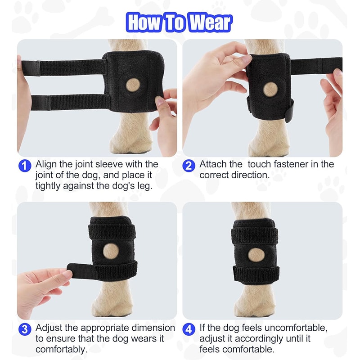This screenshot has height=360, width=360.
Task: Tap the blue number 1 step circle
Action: point(24,165)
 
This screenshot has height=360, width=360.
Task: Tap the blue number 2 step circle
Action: point(189,165)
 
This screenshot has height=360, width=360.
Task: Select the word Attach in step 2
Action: point(214,164)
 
